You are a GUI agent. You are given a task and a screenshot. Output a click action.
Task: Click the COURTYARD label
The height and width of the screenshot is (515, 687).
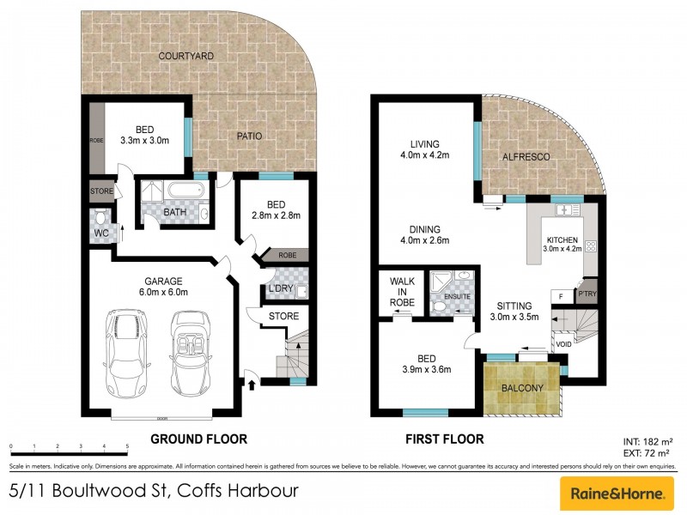coord(185,57)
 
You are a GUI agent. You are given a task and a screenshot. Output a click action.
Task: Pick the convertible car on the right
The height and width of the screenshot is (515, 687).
coord(191,351)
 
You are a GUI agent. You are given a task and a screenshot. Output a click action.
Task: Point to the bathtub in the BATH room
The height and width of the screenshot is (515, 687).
coord(184,191)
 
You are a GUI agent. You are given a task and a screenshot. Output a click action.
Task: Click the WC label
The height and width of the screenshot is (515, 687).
coord(99,233)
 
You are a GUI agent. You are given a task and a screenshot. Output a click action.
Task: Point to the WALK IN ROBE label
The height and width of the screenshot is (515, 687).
coord(402,292)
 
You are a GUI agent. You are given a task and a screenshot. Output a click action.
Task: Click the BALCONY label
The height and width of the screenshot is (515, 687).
coord(522,388)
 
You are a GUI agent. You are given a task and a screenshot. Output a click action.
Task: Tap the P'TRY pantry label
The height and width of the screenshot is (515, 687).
coord(588,293)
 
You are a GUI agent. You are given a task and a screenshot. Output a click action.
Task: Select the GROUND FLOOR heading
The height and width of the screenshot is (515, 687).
coord(199,439)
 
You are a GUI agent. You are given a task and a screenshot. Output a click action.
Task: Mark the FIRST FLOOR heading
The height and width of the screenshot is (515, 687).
coord(444,439)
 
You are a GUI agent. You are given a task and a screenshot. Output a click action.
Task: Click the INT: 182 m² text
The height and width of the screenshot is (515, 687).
coord(646,439)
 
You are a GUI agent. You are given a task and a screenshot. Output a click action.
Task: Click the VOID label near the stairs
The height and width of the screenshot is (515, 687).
coord(562,344)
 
